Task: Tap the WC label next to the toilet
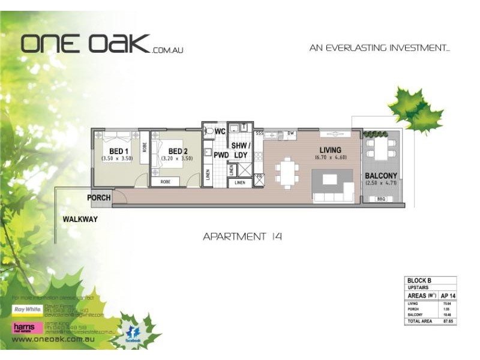click(220, 131)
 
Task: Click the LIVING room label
click(330, 150)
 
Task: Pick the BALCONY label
click(381, 176)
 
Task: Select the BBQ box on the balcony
click(380, 199)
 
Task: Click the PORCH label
click(99, 198)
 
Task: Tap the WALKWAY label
click(80, 220)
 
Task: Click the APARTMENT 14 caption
click(242, 236)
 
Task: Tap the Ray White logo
click(27, 310)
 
